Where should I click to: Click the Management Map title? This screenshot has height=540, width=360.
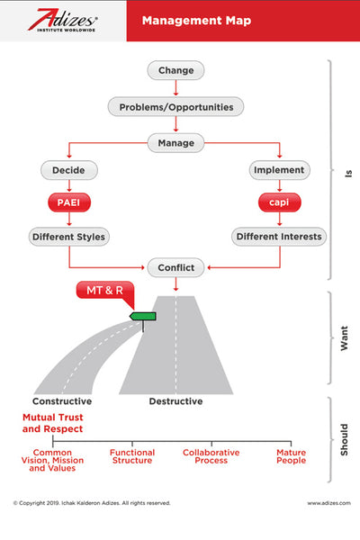tap(199, 20)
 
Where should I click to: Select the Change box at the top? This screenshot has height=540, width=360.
tap(175, 70)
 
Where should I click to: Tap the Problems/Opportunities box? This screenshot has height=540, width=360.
tap(175, 106)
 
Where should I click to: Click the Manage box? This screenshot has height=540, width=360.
tap(175, 142)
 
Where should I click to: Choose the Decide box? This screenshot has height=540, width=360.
tap(69, 169)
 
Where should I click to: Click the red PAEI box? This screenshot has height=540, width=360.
tap(69, 203)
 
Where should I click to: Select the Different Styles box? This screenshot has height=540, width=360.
tap(69, 238)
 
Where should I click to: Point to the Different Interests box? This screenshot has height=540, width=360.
tap(279, 238)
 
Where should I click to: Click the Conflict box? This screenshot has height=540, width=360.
tap(175, 267)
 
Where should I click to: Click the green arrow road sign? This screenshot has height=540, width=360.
tap(143, 316)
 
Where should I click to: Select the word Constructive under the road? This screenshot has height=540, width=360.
tap(62, 401)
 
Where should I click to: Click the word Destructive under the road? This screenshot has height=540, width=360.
tap(175, 401)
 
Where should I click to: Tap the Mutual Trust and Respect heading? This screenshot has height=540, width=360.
tap(52, 424)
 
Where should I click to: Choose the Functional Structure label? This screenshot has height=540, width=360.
tap(132, 456)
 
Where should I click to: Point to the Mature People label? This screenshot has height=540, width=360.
tap(291, 456)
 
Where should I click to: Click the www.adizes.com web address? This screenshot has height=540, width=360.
tap(328, 503)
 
